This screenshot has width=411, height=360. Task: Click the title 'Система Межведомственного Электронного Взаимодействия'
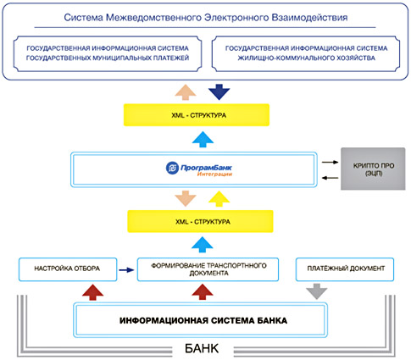pos(206,18)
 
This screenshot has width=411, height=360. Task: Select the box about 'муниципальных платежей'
pos(108,53)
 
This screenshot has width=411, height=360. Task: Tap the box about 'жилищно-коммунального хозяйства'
pos(306,53)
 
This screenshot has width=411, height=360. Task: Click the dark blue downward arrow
pos(219,91)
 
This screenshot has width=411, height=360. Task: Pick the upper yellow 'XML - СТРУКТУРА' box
pos(197,115)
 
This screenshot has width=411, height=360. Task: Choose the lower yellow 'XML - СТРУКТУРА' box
pos(200,221)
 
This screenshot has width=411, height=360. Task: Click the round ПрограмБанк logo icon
pos(172,168)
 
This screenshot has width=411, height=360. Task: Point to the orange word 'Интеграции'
pos(214,174)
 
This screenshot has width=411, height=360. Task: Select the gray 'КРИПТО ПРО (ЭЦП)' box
pos(373,169)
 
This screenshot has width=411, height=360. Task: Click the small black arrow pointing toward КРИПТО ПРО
pos(330,162)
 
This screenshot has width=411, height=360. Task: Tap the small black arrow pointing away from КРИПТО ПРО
pos(330,178)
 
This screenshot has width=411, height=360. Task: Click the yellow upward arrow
pos(219,199)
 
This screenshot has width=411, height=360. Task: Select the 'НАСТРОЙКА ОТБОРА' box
pos(68,269)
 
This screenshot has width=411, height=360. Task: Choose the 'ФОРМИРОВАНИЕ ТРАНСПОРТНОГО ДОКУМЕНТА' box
pos(208,269)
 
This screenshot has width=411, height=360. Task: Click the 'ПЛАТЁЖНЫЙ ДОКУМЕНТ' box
pos(345,269)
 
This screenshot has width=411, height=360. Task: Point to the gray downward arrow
pos(317,291)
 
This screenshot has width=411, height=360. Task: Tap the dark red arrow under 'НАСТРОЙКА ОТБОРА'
pos(92,292)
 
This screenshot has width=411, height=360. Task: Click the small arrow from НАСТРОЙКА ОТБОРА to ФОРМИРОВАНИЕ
pos(126,270)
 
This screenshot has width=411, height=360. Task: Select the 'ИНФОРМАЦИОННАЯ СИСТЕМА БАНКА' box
pos(200,320)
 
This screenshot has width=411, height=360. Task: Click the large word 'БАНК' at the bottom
pos(202,348)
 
